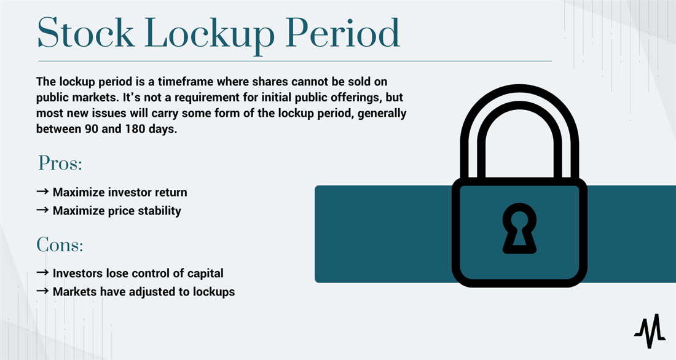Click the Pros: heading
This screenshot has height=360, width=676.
coord(60,163)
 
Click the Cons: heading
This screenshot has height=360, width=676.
coord(60,245)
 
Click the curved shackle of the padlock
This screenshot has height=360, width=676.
coord(519,117)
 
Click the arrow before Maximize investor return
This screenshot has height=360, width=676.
coord(42,192)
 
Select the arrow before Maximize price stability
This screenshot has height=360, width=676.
coord(42,210)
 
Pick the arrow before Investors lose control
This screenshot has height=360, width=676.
coord(42,273)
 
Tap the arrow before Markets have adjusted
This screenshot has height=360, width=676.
coord(42,291)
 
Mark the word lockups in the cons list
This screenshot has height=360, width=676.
coord(213,292)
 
